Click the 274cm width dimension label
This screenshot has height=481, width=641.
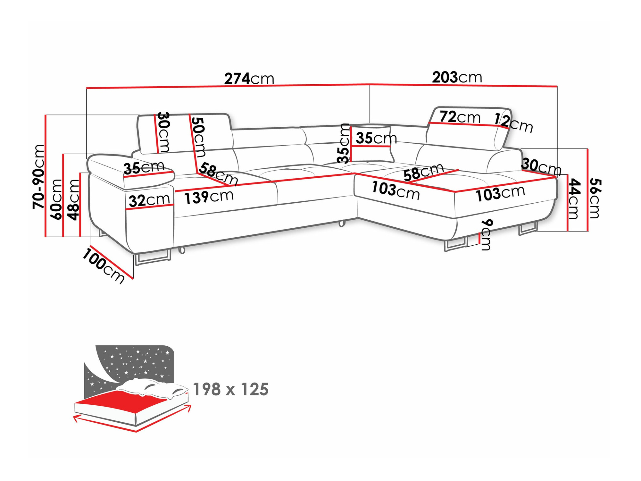249,79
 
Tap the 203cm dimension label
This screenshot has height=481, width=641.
457,77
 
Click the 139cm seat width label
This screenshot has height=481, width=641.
209,197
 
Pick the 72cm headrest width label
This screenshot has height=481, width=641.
460,117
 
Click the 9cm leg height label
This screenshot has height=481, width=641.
486,235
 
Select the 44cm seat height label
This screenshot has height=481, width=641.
574,199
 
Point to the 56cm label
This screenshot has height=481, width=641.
595,198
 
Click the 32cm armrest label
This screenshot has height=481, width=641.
149,200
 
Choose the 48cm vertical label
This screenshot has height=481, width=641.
74,200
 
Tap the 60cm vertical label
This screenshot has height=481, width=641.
56,199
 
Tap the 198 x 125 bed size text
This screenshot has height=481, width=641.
231,389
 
